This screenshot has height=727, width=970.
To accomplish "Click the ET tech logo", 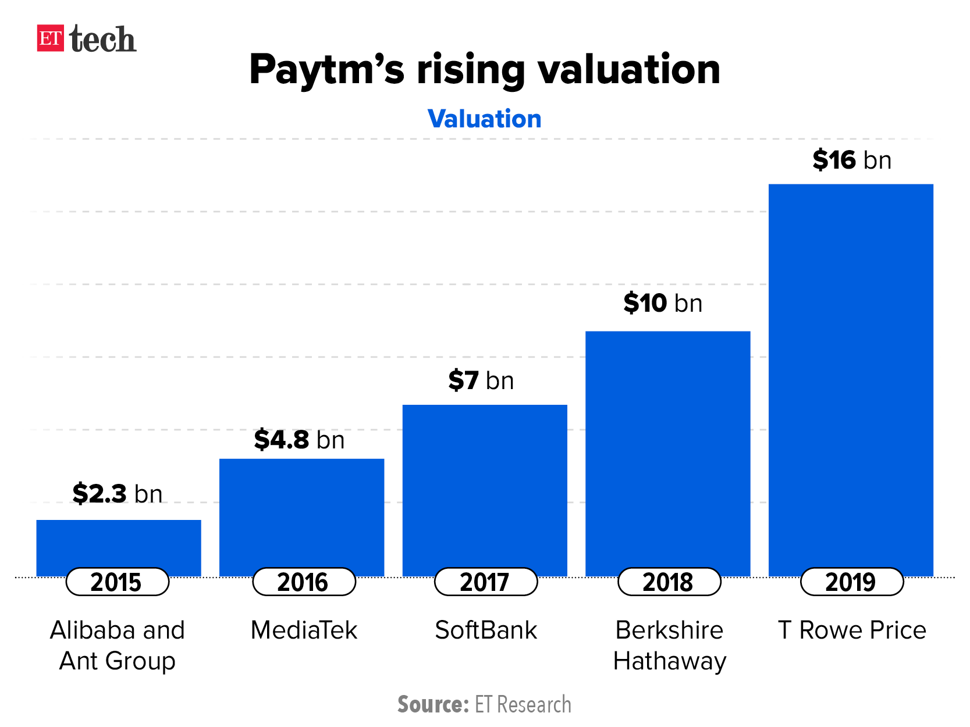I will (87, 39).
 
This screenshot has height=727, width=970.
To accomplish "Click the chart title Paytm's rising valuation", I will (485, 69).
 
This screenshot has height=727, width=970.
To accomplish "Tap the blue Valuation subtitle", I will (484, 119).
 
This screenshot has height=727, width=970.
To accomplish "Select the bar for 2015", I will (119, 544).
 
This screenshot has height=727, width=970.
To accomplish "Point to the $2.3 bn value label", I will (118, 493).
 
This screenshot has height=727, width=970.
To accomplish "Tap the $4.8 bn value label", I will (300, 439).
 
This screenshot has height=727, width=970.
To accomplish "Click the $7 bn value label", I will (481, 380).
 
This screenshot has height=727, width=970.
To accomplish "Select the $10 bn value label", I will (663, 303).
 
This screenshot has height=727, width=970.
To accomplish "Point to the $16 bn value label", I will (852, 160).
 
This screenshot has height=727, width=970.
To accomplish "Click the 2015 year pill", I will (117, 582).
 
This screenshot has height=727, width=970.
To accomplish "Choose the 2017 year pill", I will (485, 582).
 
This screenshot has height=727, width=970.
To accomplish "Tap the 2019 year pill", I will (851, 582).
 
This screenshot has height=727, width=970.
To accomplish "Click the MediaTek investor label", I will (304, 630).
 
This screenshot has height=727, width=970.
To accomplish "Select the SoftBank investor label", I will (486, 630).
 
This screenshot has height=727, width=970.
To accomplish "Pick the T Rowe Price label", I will (852, 630).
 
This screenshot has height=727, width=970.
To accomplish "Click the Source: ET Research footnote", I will (484, 704).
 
